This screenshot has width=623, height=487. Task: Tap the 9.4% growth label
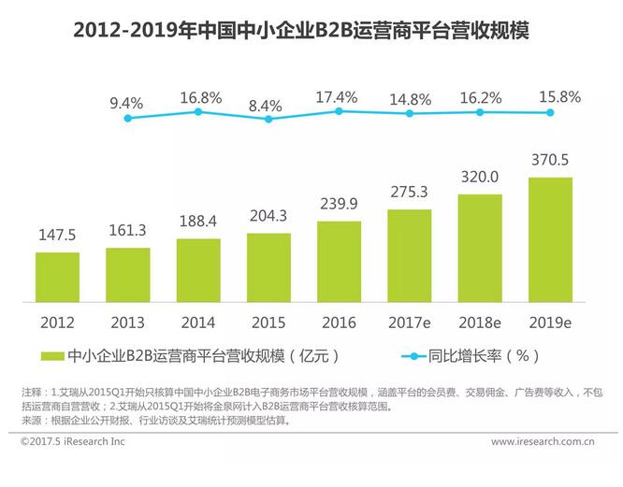[x=127, y=102]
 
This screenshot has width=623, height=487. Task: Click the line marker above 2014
[x=198, y=112]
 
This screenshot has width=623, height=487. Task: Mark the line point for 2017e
[x=410, y=113]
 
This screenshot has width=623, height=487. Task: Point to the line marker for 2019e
[x=550, y=112]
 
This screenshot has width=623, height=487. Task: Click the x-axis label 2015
[x=268, y=322]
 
